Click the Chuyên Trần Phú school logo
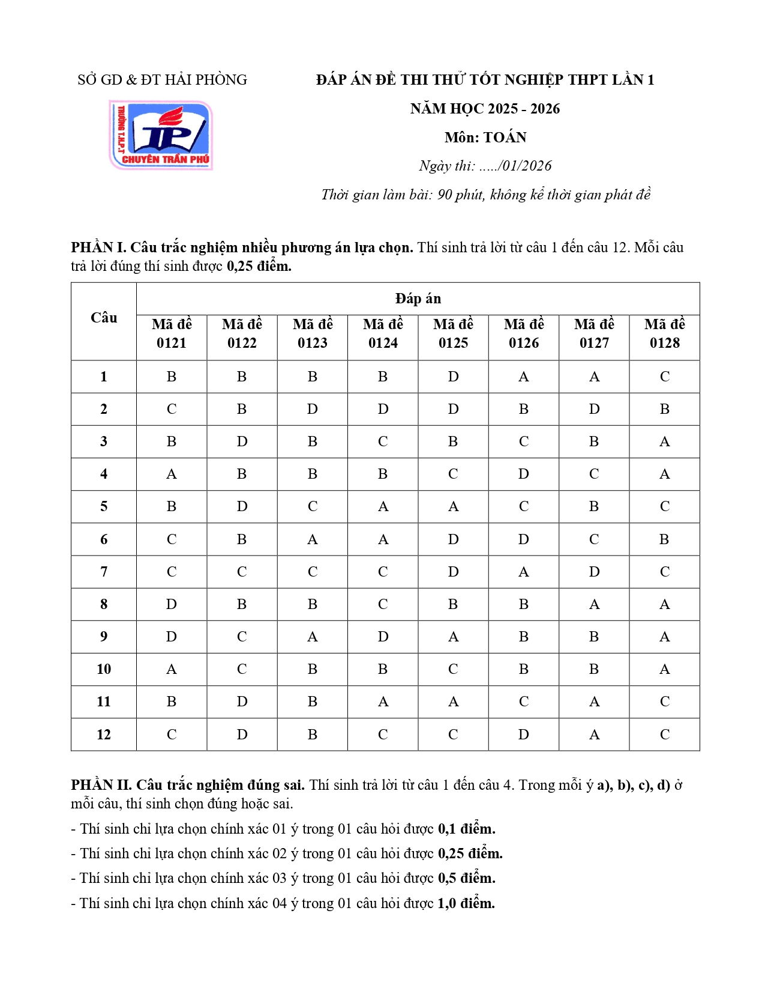coord(161,135)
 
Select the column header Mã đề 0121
coord(172,333)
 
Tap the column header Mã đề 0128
coord(664,333)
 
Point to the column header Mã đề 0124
coord(383,333)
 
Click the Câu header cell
coord(104,318)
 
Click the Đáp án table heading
coord(418,299)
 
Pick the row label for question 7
coord(104,571)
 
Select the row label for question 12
coord(104,734)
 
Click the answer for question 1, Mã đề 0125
coord(453,377)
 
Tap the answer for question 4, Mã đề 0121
coord(172,474)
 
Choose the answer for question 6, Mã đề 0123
coord(313,539)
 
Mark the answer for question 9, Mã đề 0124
coord(383,636)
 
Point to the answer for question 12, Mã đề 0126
coord(524,734)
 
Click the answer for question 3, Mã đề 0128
coord(664,441)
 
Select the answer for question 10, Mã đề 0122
coord(242,668)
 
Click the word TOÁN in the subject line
coord(505,138)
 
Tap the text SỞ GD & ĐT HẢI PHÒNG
coord(162,80)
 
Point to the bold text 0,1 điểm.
coord(466,829)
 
